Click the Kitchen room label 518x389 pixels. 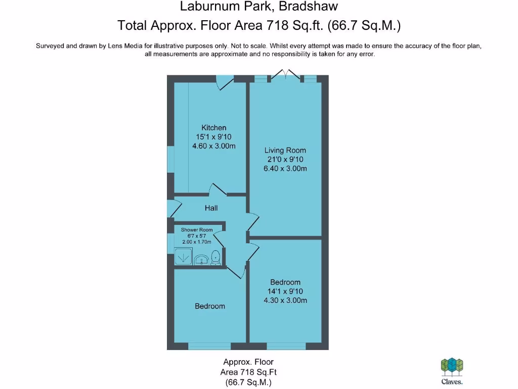click(x=214, y=128)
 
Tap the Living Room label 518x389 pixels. click(x=285, y=150)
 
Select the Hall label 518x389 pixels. click(x=211, y=208)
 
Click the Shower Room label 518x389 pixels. click(x=197, y=229)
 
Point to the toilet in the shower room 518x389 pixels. click(x=215, y=257)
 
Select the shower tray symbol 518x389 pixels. click(x=183, y=256)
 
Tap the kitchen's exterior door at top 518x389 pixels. click(x=225, y=82)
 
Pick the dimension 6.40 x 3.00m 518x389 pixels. click(x=285, y=169)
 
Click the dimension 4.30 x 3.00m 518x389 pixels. click(x=285, y=300)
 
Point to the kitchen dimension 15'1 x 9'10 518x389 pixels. click(x=214, y=137)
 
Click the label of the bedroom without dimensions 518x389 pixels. click(x=210, y=306)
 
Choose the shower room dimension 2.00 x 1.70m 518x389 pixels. click(x=197, y=242)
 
